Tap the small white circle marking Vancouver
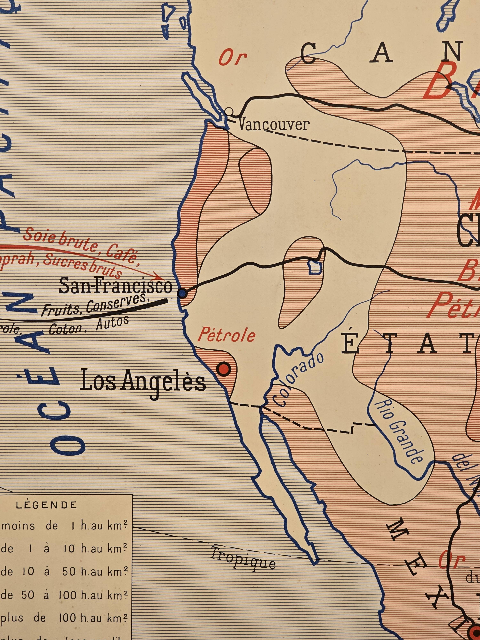229,111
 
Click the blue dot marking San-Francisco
182,294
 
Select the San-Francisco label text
115,286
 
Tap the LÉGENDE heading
46,505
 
